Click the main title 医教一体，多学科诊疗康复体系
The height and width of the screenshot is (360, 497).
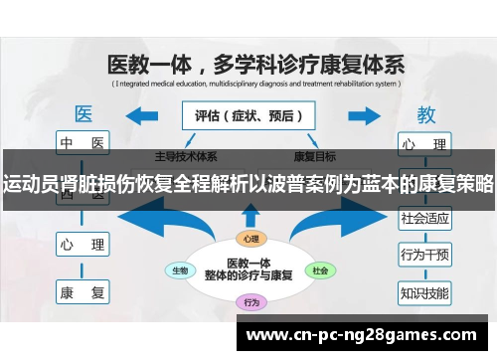(x=255, y=66)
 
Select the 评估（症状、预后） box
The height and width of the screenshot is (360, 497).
(x=248, y=115)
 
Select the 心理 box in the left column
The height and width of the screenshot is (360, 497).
(x=83, y=242)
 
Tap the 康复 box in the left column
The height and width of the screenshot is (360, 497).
(x=83, y=292)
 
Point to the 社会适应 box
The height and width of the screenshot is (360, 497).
(x=424, y=216)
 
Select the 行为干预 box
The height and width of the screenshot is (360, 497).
(x=424, y=255)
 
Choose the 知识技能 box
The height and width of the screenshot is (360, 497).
(x=424, y=292)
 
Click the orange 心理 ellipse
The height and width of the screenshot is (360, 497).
(x=250, y=239)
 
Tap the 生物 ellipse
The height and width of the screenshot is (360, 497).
(x=181, y=270)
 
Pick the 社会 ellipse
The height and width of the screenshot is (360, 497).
(x=320, y=270)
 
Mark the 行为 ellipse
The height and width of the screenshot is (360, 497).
(x=250, y=301)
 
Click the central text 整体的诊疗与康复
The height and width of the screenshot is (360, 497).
(x=249, y=275)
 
